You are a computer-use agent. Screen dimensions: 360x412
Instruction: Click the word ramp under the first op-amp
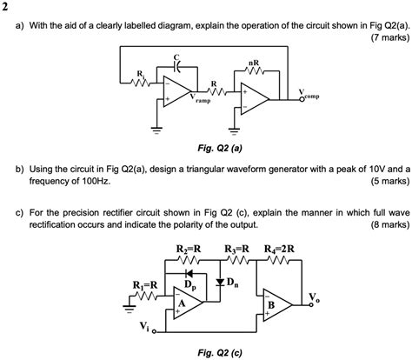[x=203, y=101]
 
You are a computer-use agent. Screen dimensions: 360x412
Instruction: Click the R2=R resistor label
[x=189, y=250]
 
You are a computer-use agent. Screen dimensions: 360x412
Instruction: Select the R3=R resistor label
[x=238, y=250]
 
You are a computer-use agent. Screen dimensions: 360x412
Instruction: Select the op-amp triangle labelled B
[x=279, y=304]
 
